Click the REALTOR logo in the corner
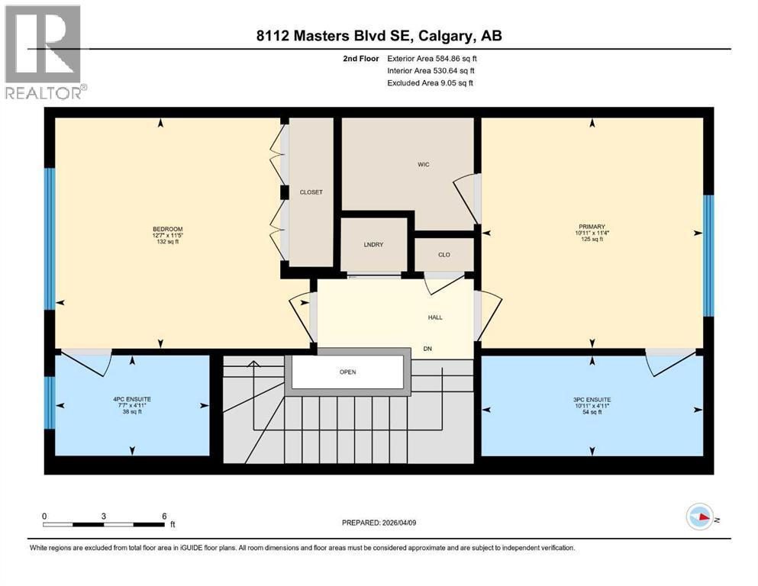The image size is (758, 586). (x=44, y=51)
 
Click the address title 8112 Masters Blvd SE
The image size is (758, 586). (x=379, y=36)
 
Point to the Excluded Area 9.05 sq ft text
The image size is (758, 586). (x=430, y=82)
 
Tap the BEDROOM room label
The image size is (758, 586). (x=167, y=229)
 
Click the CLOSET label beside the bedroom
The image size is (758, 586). (x=311, y=192)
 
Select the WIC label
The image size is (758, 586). (x=424, y=164)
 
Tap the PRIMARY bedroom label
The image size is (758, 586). (x=591, y=227)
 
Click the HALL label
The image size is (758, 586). (x=434, y=317)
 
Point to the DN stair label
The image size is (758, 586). (x=428, y=349)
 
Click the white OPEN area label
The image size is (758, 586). (x=347, y=372)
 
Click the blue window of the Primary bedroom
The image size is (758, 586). (x=708, y=256)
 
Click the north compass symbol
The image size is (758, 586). (x=699, y=517)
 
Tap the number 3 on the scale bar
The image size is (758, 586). (x=103, y=516)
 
